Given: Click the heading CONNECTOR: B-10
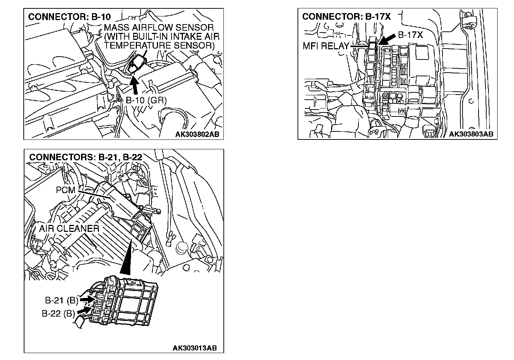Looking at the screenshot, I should click(x=69, y=17).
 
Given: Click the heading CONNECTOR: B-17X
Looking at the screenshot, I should click(x=346, y=17).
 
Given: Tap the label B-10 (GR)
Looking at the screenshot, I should click(x=146, y=100).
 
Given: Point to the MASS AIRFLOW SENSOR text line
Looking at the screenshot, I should click(x=158, y=28).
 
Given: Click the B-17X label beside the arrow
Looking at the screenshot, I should click(x=410, y=35).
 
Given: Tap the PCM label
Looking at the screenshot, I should click(x=65, y=190).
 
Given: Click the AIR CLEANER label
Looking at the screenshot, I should click(x=69, y=229).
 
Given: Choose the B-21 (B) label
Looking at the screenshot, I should click(x=62, y=300).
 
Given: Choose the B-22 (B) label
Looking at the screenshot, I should click(x=58, y=313).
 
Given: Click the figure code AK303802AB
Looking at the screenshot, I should click(x=197, y=135).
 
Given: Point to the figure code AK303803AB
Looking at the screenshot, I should click(x=471, y=134).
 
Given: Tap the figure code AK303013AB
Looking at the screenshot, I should click(x=195, y=348).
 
